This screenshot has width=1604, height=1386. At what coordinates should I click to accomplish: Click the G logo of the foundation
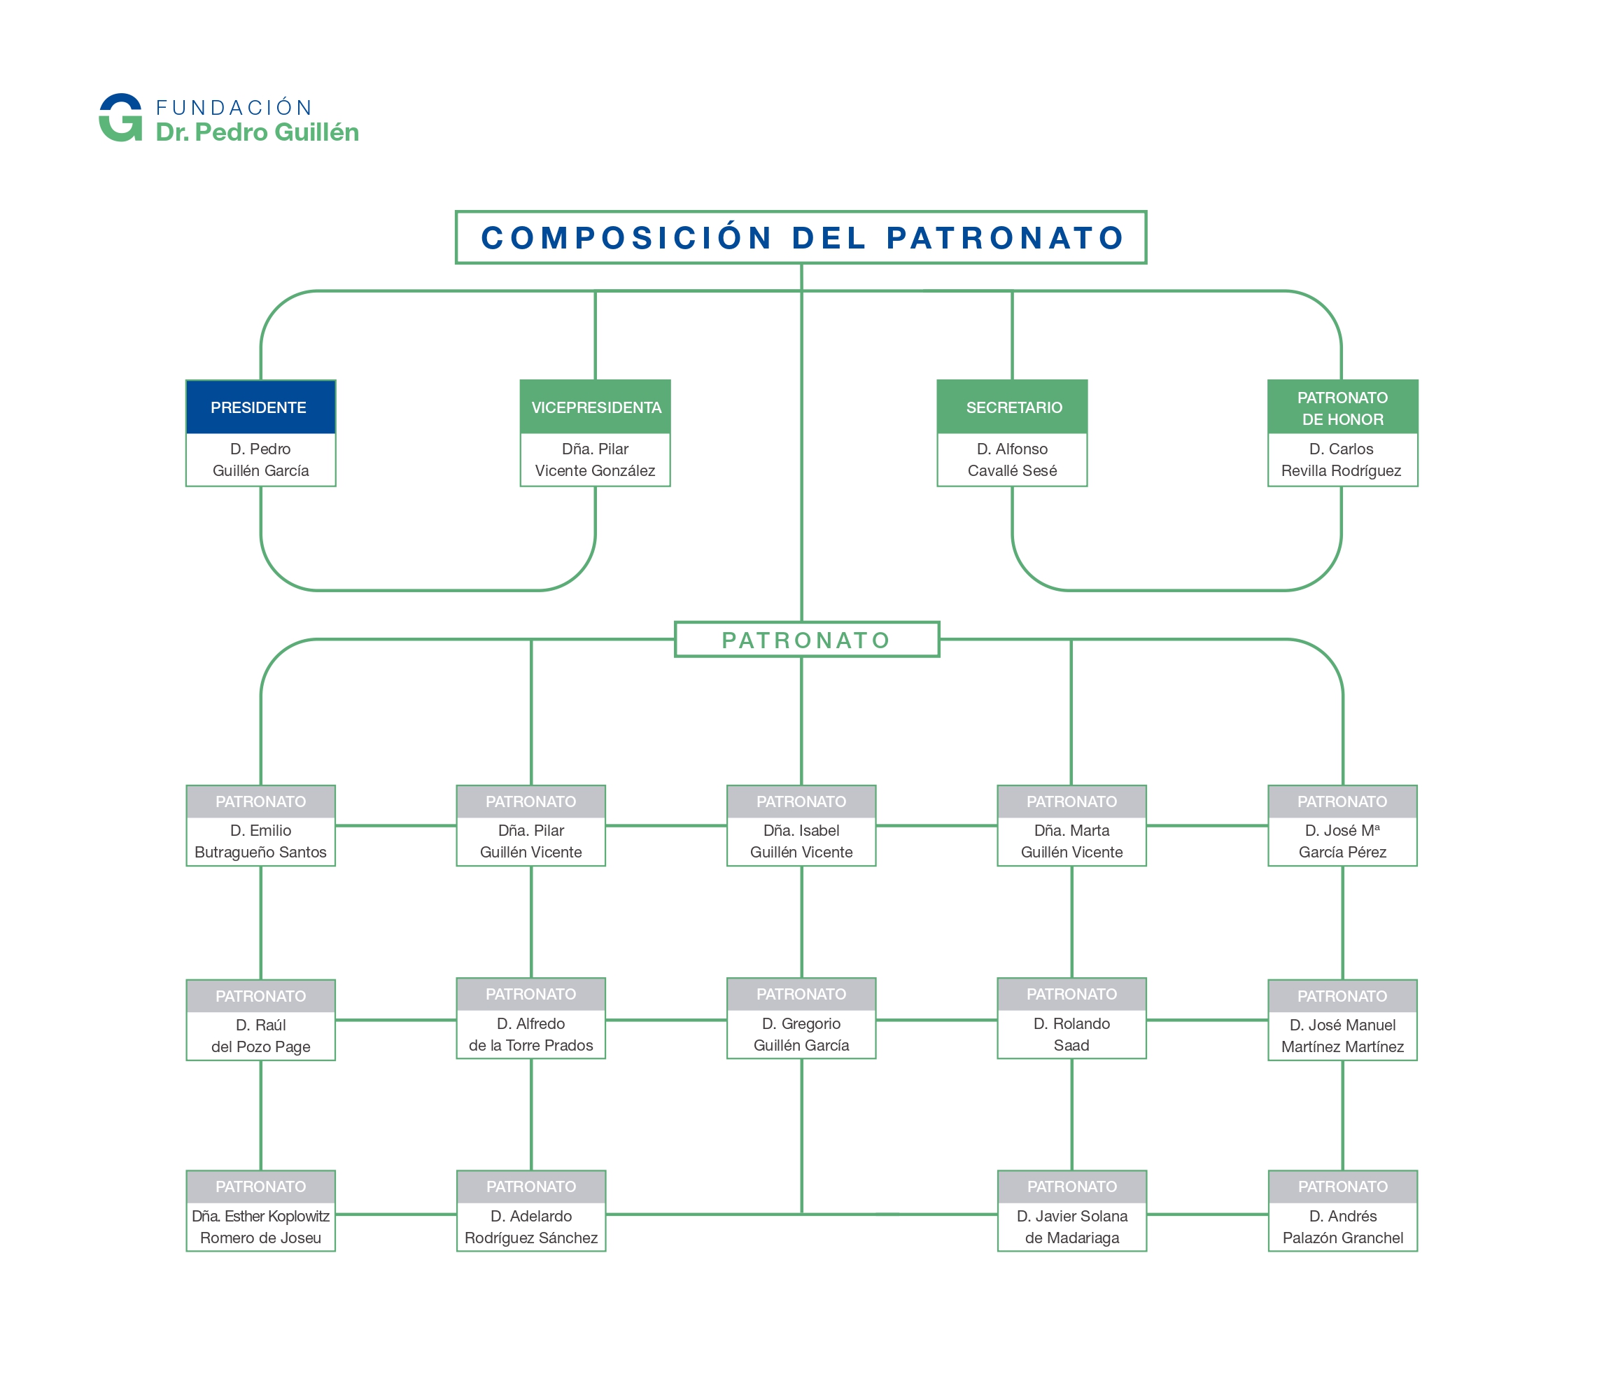click(x=121, y=118)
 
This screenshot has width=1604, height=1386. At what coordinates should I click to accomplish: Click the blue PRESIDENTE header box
click(x=261, y=407)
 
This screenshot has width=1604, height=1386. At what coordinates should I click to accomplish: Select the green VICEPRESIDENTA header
click(x=596, y=407)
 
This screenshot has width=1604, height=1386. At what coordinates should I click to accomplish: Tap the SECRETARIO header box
click(x=1013, y=407)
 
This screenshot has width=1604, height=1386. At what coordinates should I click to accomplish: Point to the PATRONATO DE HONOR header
click(x=1343, y=407)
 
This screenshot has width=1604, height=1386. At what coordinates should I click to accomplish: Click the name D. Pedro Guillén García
click(x=261, y=460)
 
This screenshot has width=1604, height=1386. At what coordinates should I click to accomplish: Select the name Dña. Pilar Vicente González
click(x=596, y=460)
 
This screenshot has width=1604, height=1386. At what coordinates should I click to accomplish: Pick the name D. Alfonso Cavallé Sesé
click(x=1013, y=460)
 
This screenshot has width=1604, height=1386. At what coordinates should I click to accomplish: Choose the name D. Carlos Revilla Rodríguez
click(x=1342, y=460)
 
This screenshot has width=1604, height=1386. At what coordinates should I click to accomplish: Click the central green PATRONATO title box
click(x=807, y=640)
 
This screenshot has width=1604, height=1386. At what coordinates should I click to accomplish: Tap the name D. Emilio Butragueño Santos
click(x=261, y=841)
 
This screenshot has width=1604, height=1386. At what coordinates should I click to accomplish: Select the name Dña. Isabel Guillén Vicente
click(x=801, y=841)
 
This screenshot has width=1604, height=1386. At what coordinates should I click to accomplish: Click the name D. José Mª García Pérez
click(x=1342, y=841)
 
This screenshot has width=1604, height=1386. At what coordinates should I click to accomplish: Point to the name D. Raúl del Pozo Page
click(x=261, y=1036)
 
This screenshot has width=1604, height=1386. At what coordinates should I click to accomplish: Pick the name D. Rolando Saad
click(x=1071, y=1035)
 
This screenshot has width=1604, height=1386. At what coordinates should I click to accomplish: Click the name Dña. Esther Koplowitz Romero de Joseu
click(x=261, y=1227)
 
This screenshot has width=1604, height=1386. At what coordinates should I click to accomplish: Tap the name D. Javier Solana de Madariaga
click(x=1072, y=1227)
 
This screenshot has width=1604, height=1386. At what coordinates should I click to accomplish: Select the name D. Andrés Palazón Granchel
click(x=1343, y=1227)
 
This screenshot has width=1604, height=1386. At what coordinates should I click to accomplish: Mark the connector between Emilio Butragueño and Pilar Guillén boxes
click(x=396, y=825)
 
